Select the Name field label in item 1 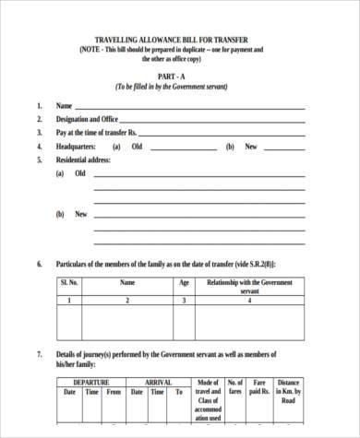pyautogui.click(x=65, y=106)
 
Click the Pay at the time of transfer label pyautogui.click(x=102, y=133)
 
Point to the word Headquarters pyautogui.click(x=78, y=146)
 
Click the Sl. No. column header pyautogui.click(x=69, y=283)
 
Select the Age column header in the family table pyautogui.click(x=184, y=283)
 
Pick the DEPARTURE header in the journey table pyautogui.click(x=91, y=382)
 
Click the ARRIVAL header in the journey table pyautogui.click(x=158, y=382)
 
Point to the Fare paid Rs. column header pyautogui.click(x=259, y=387)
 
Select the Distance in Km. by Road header pyautogui.click(x=288, y=392)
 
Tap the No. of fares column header pyautogui.click(x=234, y=387)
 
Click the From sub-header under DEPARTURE pyautogui.click(x=114, y=392)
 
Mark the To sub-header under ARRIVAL pyautogui.click(x=178, y=392)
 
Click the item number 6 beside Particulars pyautogui.click(x=40, y=264)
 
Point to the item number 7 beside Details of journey pyautogui.click(x=40, y=354)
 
